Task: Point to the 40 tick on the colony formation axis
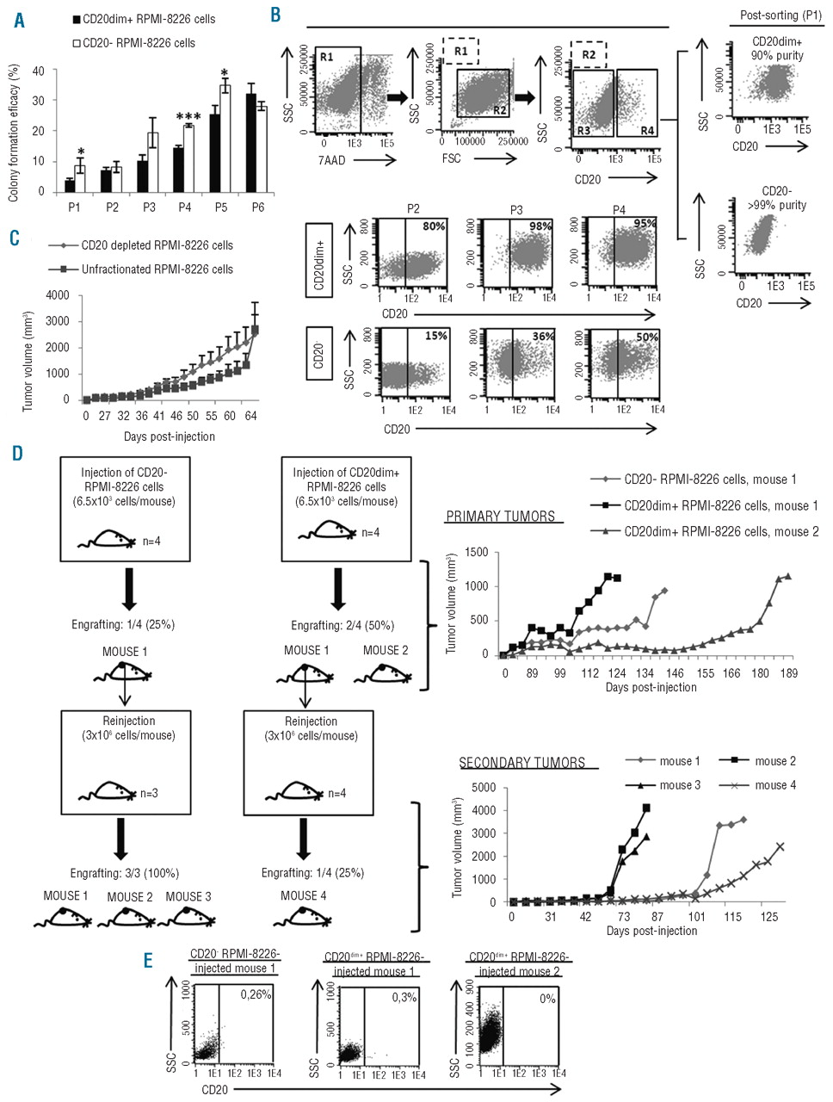point(36,71)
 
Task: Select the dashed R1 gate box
point(460,51)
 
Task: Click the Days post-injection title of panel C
point(168,436)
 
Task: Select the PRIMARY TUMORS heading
point(500,517)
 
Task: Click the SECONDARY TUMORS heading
point(521,762)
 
